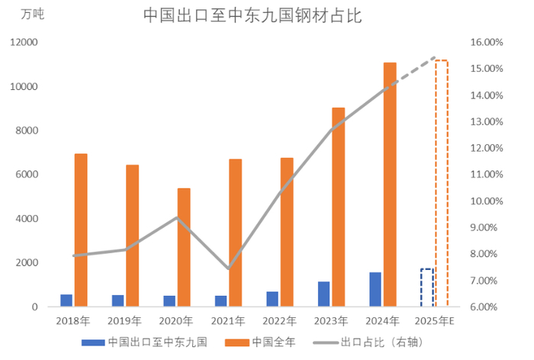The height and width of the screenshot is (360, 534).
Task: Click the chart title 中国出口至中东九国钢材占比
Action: tap(253, 16)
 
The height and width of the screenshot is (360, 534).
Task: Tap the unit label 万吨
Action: tap(33, 15)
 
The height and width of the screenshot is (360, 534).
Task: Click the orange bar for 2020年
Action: tap(184, 247)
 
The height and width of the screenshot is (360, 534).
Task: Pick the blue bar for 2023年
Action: tap(324, 294)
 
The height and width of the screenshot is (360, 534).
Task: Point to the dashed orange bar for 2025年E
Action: tap(442, 183)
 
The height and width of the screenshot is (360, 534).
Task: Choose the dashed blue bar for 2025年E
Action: tap(426, 288)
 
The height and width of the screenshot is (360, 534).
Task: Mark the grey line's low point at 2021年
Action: tap(229, 268)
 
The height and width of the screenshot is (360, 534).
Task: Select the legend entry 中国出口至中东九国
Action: tap(149, 342)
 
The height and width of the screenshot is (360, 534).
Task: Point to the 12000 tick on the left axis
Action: tap(24, 43)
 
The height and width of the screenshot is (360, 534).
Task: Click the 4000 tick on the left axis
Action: tap(27, 219)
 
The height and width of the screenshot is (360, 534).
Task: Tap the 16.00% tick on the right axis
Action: tap(484, 43)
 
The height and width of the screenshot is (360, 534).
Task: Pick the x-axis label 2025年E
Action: tap(436, 320)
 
